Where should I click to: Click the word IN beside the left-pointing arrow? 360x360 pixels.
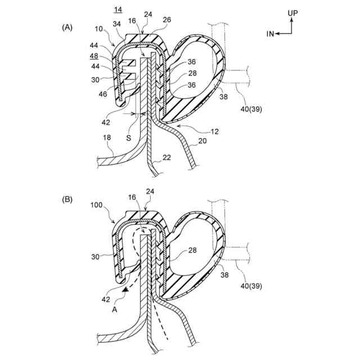[x=270, y=35]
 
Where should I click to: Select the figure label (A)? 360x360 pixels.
[x=68, y=26]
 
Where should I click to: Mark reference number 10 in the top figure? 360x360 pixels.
[x=100, y=28]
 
